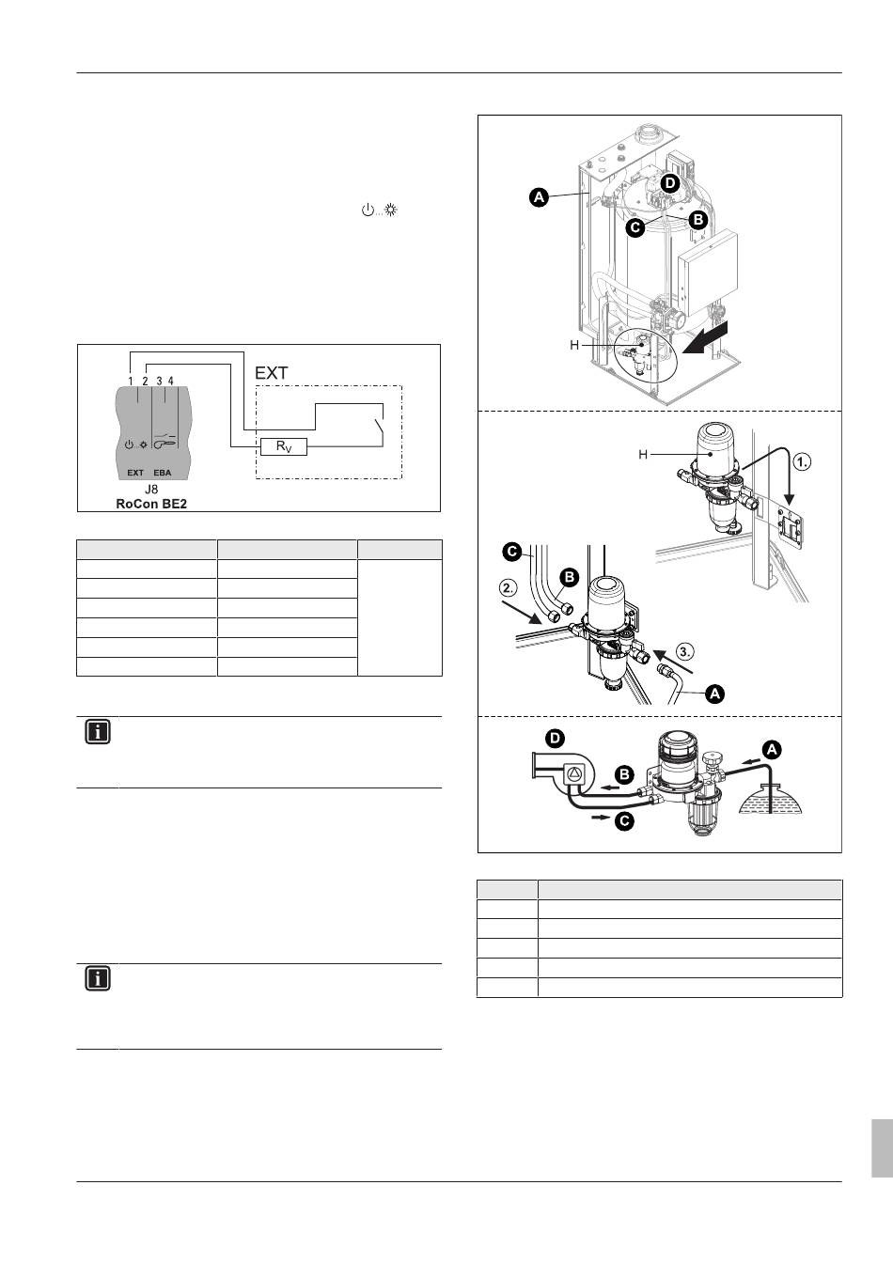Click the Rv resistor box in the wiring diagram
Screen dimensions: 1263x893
click(x=284, y=447)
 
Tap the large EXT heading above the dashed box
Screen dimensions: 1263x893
click(x=272, y=373)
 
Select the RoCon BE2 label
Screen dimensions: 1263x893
click(x=151, y=504)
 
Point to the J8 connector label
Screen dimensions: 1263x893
click(x=151, y=490)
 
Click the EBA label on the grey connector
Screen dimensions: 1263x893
click(x=163, y=473)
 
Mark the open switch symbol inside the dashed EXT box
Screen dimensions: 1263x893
click(x=380, y=429)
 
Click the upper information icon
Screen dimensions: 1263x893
click(x=98, y=733)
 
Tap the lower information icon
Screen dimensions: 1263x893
click(x=98, y=979)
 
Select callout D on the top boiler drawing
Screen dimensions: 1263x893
click(x=670, y=181)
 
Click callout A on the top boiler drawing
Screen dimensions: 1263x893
click(x=538, y=197)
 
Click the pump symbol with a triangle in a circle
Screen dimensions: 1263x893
click(x=573, y=773)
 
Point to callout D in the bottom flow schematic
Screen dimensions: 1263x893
click(x=555, y=738)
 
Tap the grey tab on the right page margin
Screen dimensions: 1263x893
click(x=881, y=1147)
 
